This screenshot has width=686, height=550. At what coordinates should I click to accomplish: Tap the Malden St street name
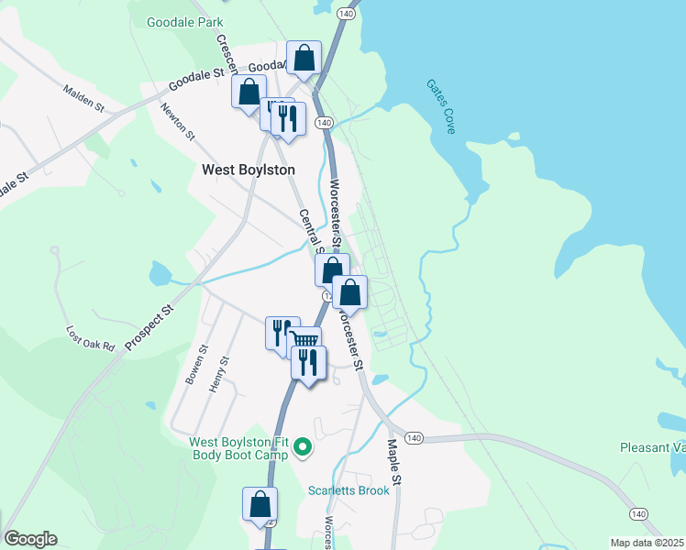pos(84,99)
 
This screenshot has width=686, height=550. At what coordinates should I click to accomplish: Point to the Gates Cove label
pos(440,106)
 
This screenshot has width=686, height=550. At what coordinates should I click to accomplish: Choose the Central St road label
pos(311,231)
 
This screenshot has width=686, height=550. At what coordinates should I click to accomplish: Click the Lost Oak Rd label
pos(90,339)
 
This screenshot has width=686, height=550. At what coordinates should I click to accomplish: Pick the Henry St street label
pos(217,374)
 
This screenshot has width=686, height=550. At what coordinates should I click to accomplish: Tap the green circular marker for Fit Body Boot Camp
pos(302,448)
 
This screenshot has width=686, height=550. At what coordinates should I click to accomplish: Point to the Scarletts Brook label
pos(349,490)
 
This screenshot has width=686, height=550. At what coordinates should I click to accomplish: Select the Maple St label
pos(393,462)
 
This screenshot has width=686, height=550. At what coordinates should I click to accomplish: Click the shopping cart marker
pos(305,340)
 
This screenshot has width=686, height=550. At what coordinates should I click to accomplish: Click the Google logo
pos(30,539)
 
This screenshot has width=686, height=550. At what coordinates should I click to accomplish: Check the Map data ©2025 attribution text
pos(646,543)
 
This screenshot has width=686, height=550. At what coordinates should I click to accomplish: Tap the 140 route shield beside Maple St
pos(414,438)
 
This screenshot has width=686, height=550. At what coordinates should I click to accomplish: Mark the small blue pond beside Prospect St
pos(160,273)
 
